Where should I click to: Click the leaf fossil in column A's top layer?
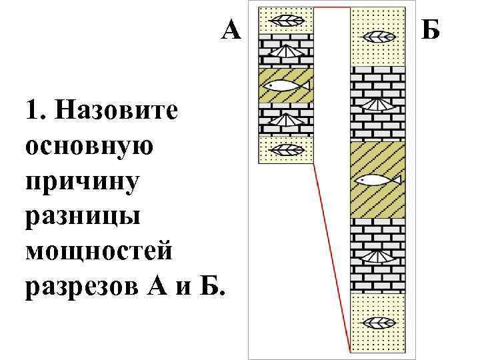285,20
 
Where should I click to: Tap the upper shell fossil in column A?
285,51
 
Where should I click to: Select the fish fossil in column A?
285,85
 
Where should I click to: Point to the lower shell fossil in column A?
285,120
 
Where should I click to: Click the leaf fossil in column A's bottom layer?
285,149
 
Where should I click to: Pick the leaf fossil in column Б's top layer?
378,35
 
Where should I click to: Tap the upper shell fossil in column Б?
378,104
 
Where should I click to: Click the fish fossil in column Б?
377,180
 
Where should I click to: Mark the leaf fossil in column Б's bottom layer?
378,324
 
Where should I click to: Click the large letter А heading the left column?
231,30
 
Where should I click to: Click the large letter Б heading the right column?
431,30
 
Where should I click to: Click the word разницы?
81,218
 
